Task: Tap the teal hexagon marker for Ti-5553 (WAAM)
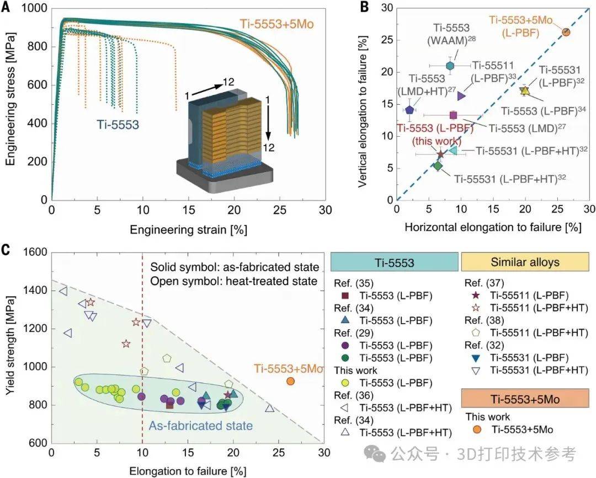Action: (450, 66)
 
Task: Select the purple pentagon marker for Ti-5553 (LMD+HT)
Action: (409, 110)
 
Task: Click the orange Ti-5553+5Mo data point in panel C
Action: (290, 381)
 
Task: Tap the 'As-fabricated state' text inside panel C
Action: (200, 426)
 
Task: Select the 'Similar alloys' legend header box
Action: (525, 261)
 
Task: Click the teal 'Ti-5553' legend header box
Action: (395, 261)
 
